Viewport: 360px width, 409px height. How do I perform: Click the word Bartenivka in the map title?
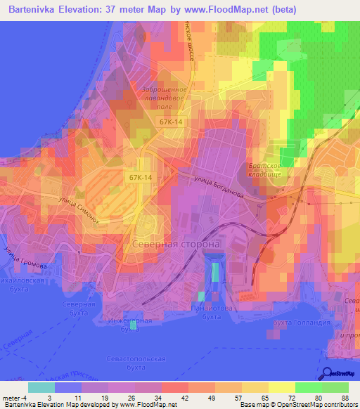(x=35, y=10)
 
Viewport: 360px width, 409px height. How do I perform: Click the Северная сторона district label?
(x=176, y=244)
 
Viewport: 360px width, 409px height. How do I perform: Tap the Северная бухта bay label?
(x=77, y=309)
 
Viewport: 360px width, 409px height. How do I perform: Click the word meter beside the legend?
(x=13, y=398)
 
